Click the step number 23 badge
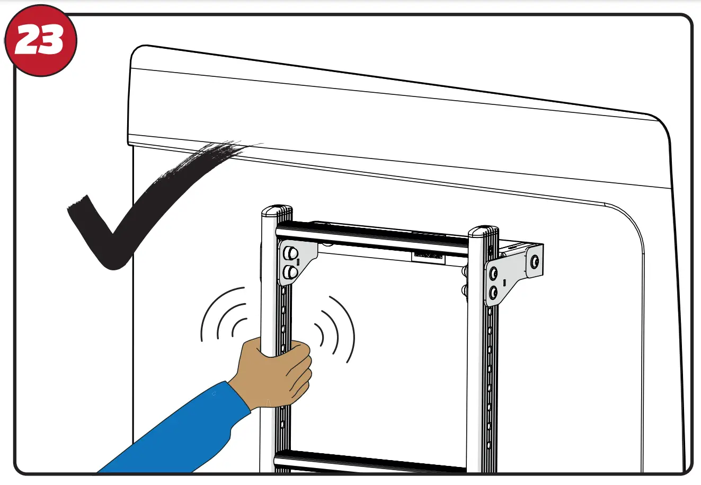tap(40, 41)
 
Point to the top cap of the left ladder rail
tap(276, 211)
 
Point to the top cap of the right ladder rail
tap(483, 232)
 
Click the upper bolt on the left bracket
tap(290, 254)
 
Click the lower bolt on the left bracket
tap(290, 272)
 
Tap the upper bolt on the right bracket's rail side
tap(494, 274)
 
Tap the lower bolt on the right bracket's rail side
tap(494, 292)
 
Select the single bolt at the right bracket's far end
tap(534, 261)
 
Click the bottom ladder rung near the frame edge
tap(371, 461)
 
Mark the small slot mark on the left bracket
tap(298, 261)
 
